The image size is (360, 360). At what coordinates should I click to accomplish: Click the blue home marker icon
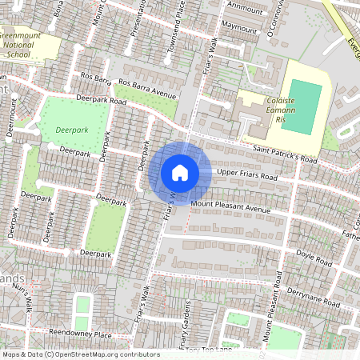[x=180, y=173]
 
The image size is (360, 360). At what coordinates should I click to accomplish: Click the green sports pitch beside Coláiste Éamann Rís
[x=306, y=106]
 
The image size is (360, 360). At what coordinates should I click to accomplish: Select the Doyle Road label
[x=314, y=258]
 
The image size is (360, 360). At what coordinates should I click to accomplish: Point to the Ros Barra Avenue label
[x=146, y=87]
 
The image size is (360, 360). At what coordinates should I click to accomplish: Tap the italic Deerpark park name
[x=72, y=129]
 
